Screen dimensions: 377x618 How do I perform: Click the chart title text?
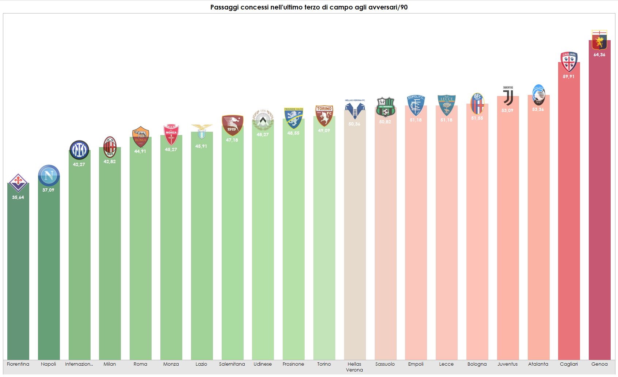point(309,7)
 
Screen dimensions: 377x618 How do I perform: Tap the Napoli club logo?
point(49,176)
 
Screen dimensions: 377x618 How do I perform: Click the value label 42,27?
point(79,165)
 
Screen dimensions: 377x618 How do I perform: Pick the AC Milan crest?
point(110,147)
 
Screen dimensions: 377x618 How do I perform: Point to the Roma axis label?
point(140,364)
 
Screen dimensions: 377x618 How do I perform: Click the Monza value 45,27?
point(171,150)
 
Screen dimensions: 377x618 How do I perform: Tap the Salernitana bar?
point(232,248)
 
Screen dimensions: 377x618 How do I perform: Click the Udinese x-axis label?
point(263,364)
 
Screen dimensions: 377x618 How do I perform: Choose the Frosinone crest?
point(294,118)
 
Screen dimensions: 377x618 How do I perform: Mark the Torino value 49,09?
point(324,131)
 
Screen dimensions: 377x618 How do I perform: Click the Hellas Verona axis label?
point(354,367)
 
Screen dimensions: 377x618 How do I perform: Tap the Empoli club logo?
point(416,105)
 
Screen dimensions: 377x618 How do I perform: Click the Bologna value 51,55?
point(477,118)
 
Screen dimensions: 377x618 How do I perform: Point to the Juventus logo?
point(508,96)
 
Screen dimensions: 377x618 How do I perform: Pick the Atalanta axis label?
point(538,364)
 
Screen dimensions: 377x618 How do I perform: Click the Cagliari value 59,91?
point(569,77)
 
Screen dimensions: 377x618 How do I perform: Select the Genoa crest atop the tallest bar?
point(599,40)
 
